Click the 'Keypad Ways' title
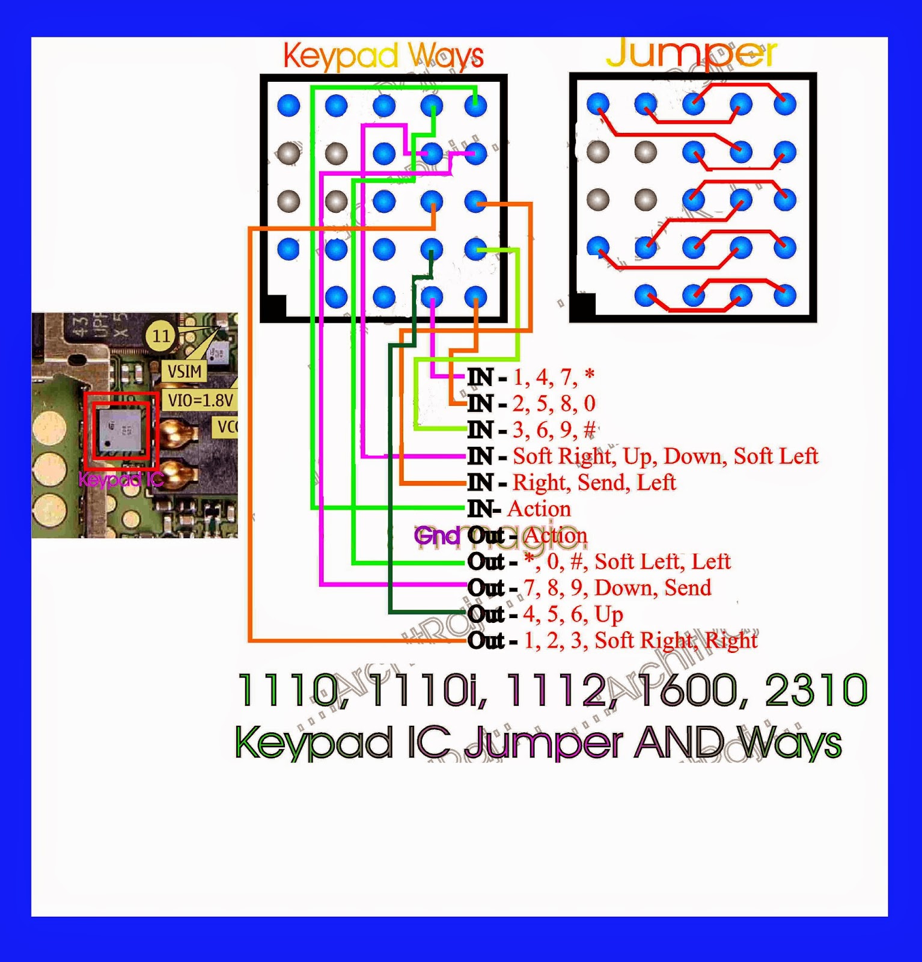pyautogui.click(x=383, y=56)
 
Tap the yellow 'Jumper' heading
pyautogui.click(x=691, y=54)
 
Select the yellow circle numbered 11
pyautogui.click(x=160, y=335)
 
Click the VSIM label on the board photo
pyautogui.click(x=184, y=372)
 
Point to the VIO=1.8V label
pyautogui.click(x=200, y=400)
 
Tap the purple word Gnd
pyautogui.click(x=437, y=535)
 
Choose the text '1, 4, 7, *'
pyautogui.click(x=554, y=377)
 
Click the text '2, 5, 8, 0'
pyautogui.click(x=554, y=403)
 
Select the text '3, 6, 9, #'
pyautogui.click(x=554, y=430)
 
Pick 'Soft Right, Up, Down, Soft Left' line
pyautogui.click(x=665, y=456)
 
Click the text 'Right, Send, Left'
pyautogui.click(x=594, y=482)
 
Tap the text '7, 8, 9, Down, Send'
pyautogui.click(x=617, y=587)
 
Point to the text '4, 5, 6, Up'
pyautogui.click(x=573, y=614)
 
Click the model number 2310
pyautogui.click(x=816, y=690)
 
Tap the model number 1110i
pyautogui.click(x=429, y=690)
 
